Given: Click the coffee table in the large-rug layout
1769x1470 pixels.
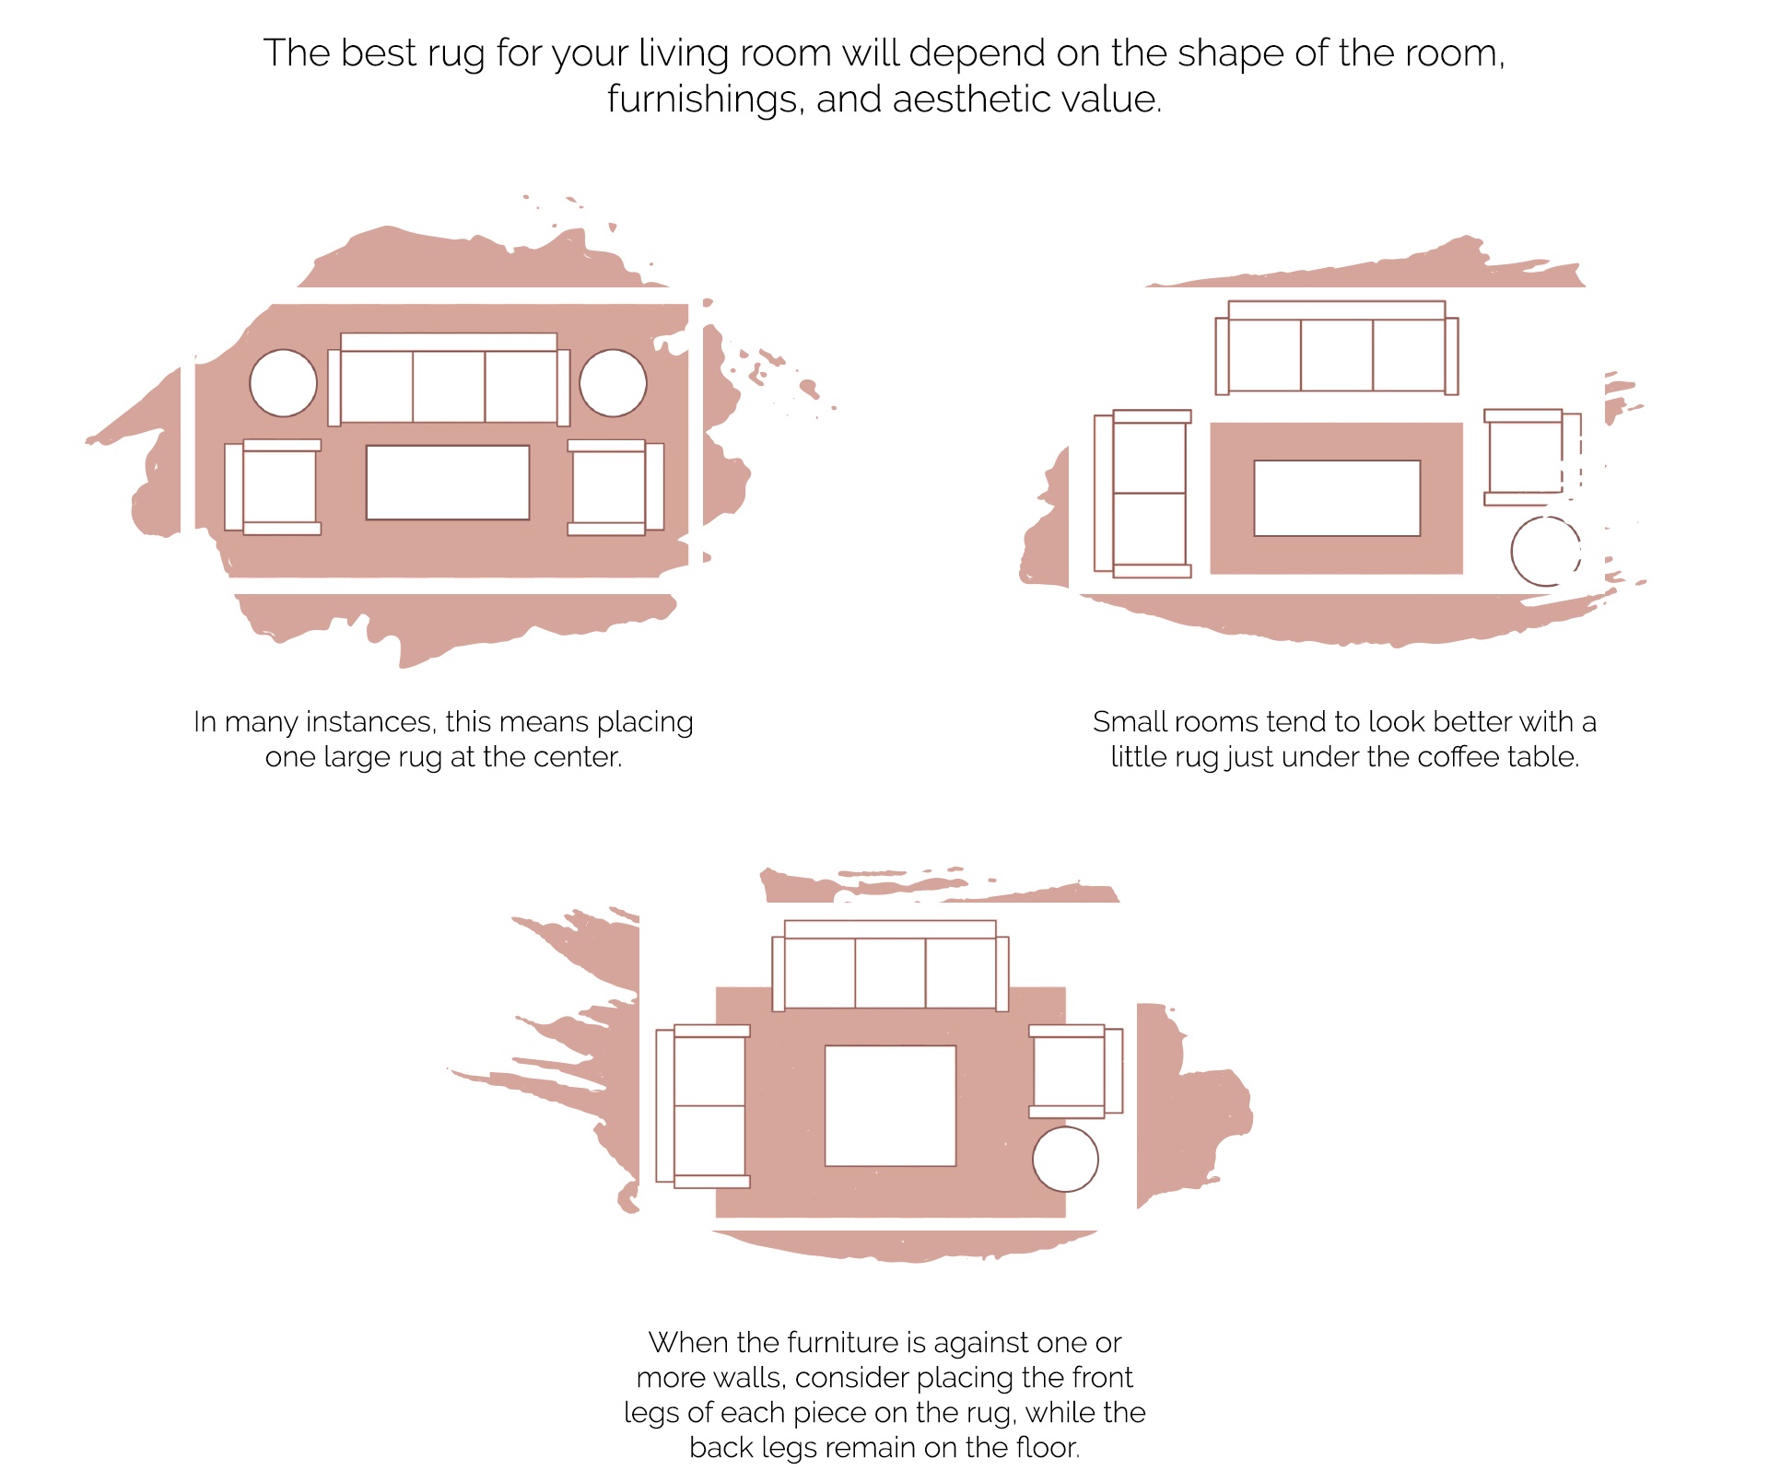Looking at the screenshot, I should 448,483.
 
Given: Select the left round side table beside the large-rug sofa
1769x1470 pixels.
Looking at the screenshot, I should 284,382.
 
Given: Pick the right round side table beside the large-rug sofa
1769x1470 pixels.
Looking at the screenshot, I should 613,382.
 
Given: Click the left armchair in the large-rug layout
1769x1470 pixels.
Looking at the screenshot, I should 274,487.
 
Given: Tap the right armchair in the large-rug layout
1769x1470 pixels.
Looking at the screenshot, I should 615,487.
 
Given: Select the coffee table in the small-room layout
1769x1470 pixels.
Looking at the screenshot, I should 1337,497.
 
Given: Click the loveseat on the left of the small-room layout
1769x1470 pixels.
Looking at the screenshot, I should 1142,494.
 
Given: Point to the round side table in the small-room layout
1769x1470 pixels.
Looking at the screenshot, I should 1546,551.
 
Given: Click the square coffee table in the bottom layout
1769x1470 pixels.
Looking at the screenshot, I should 890,1105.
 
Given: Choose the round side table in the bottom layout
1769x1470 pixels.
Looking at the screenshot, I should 1065,1159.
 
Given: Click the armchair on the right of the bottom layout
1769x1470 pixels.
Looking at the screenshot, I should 1074,1070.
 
